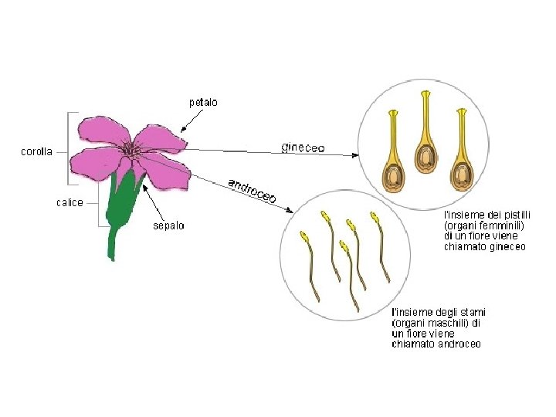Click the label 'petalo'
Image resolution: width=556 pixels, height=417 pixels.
click(x=203, y=101)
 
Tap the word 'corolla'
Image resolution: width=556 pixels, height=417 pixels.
click(x=36, y=152)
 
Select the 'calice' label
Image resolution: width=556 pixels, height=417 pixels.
click(x=69, y=202)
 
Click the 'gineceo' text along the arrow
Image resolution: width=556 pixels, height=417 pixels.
click(x=303, y=147)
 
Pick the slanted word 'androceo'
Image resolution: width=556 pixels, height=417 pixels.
click(x=251, y=192)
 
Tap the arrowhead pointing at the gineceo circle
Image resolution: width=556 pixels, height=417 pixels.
click(x=355, y=155)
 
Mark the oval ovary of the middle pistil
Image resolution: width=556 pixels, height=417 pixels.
click(x=425, y=158)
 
